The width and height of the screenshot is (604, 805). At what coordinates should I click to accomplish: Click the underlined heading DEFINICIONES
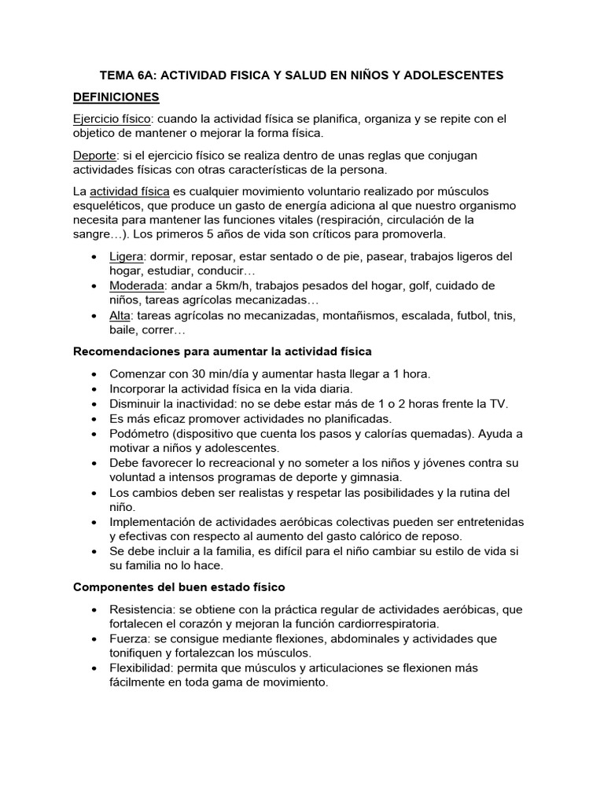[116, 97]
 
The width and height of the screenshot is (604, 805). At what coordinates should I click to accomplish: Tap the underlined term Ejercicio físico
[110, 119]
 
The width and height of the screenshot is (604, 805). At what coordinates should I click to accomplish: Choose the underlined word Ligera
[127, 256]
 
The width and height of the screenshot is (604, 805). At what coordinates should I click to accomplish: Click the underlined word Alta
[120, 315]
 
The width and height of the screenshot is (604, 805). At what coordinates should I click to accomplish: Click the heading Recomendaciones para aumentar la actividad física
[223, 351]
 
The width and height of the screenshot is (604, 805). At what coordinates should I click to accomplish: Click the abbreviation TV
[499, 403]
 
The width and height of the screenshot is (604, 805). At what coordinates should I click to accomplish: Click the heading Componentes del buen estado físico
[179, 586]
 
